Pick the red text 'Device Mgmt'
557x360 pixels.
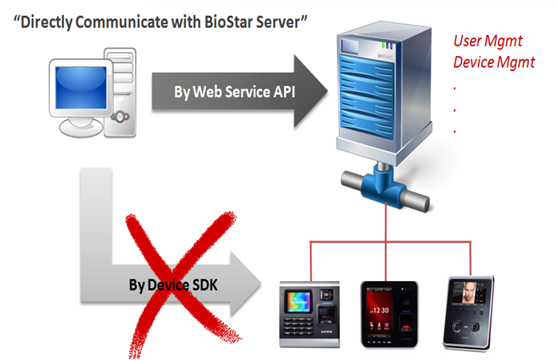494,62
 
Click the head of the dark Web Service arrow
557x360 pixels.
314,91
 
